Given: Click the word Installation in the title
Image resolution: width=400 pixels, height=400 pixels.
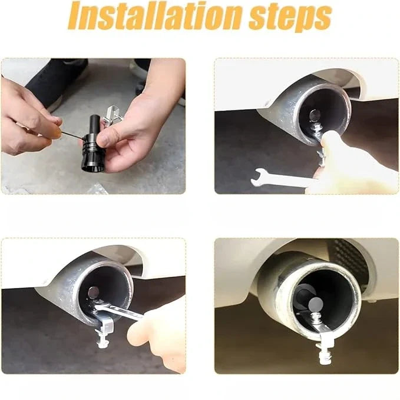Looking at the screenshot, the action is [155, 16].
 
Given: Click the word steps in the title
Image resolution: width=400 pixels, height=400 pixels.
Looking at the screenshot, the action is [290, 18].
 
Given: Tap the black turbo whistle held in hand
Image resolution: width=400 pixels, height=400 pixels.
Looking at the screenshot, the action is [93, 144].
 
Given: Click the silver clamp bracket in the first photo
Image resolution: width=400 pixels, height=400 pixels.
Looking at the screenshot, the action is [113, 114].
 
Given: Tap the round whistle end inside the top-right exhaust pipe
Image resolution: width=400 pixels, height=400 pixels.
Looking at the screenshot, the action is [313, 115].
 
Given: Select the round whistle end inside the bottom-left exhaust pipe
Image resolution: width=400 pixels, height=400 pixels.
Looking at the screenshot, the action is [93, 292].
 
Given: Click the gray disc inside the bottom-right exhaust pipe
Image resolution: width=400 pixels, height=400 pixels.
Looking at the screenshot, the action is [316, 304].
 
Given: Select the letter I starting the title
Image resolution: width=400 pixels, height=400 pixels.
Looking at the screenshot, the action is [75, 16].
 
